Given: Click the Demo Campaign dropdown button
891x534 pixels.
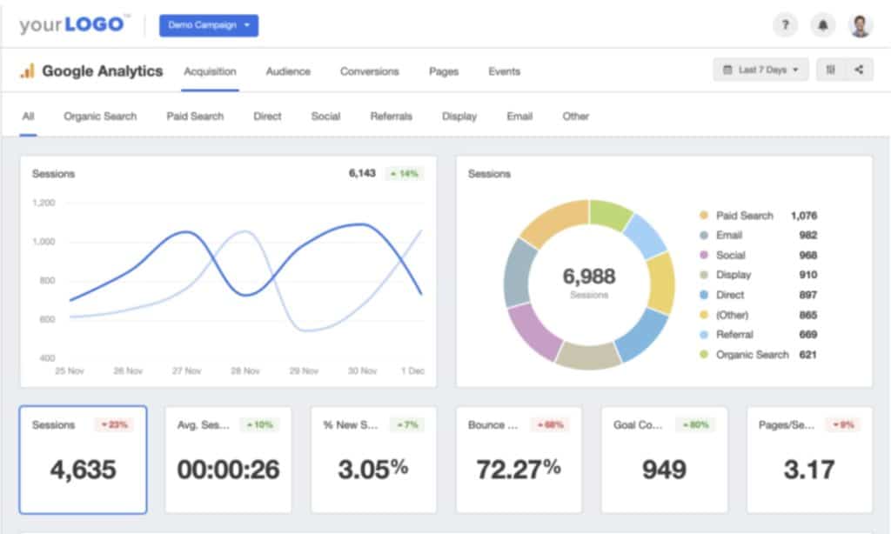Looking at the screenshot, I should [x=208, y=25].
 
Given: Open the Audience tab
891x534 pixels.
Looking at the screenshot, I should [x=288, y=71].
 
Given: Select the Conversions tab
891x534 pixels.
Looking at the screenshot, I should [x=369, y=71].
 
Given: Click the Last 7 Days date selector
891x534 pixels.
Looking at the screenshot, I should [x=760, y=70].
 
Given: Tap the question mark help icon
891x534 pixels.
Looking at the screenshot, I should [x=785, y=25].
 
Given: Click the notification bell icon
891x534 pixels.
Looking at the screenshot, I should [x=822, y=25].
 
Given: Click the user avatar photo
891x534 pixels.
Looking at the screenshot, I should [x=860, y=25].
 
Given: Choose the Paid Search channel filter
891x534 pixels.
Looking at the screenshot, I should [x=195, y=116].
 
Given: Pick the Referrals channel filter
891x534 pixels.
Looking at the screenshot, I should [x=391, y=116].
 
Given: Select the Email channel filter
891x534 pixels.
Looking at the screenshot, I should [x=519, y=116].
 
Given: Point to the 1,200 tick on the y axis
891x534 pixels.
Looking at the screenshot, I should [x=44, y=203].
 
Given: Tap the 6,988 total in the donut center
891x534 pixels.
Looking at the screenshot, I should [x=589, y=277].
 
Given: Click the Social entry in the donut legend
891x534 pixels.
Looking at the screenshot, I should [x=730, y=255].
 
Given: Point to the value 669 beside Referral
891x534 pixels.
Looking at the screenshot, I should [x=807, y=335].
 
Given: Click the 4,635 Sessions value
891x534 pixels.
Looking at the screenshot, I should [x=83, y=470].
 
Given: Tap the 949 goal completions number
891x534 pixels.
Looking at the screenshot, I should [x=664, y=470].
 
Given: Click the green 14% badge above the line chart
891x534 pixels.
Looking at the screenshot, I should [x=404, y=174].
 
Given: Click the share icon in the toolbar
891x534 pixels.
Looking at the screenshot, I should [x=859, y=70].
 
